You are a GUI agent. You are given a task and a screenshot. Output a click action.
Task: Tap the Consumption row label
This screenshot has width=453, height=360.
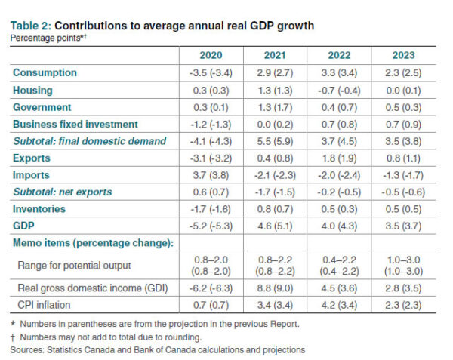click(45, 72)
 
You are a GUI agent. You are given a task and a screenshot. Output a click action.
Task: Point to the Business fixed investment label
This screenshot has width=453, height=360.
click(75, 124)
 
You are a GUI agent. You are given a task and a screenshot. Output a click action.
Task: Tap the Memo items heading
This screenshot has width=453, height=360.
click(90, 242)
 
